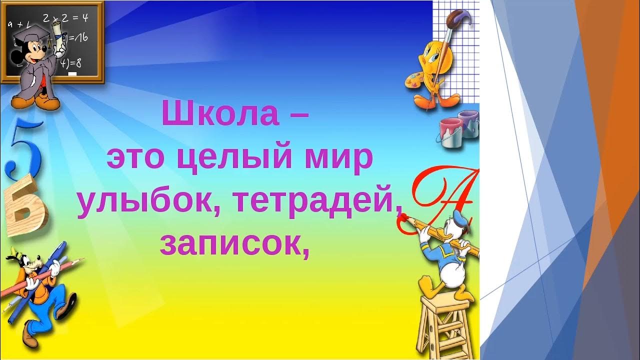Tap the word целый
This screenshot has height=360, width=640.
[235, 158]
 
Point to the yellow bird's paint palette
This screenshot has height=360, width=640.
[413, 80]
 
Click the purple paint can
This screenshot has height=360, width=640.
[468, 122]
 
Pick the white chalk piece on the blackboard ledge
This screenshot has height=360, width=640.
[73, 74]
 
